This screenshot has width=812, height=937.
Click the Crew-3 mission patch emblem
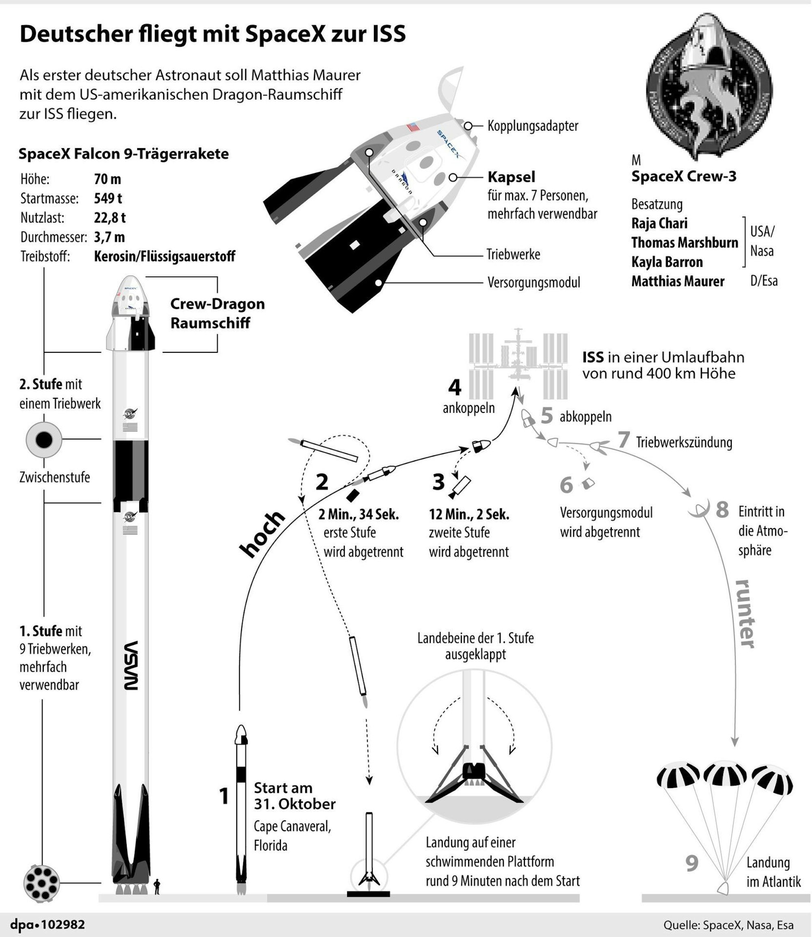709,86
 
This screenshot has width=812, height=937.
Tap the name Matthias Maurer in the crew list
678,281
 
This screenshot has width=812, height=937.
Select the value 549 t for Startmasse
108,199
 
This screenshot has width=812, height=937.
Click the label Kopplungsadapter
533,126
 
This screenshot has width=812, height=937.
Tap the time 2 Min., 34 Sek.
358,514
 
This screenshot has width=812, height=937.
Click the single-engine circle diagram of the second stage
44,440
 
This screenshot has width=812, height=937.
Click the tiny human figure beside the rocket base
157,886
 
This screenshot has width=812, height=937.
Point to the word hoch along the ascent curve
262,534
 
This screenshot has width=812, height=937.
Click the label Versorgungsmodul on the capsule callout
534,283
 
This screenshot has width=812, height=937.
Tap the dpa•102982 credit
48,925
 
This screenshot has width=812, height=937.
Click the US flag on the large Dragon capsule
413,126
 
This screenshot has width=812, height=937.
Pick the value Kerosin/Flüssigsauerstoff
164,257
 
